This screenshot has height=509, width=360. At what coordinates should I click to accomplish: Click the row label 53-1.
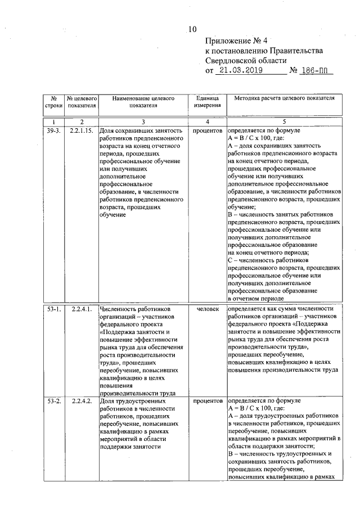tap(53, 309)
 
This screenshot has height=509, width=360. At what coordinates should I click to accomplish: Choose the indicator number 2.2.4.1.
tap(82, 309)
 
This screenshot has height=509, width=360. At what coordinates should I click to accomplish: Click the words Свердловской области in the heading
tap(246, 61)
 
